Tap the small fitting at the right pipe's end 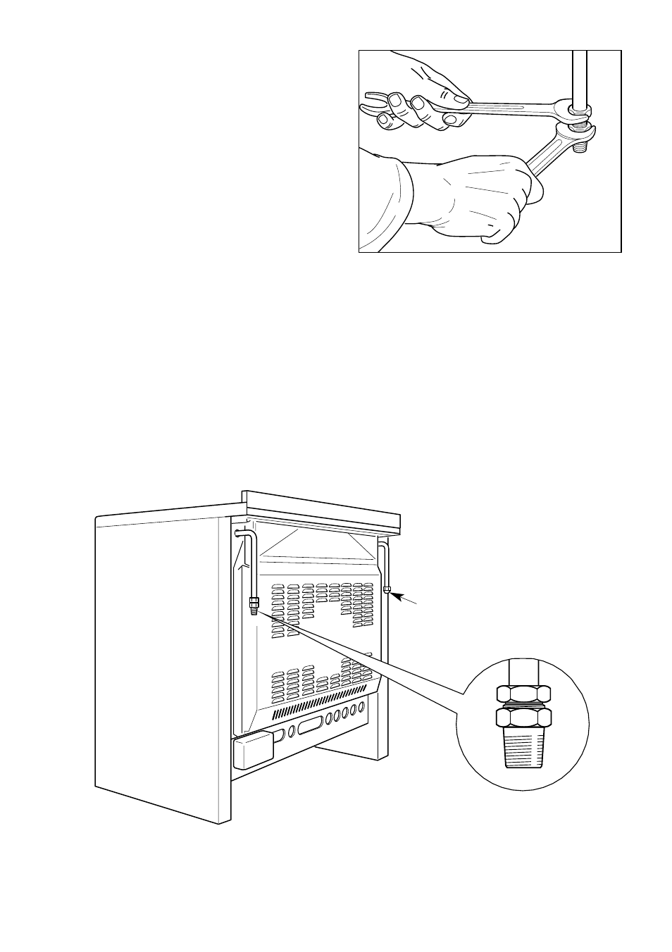click(x=387, y=589)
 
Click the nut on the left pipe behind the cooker click(x=254, y=602)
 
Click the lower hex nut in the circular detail click(x=523, y=718)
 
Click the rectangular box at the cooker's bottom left click(x=251, y=750)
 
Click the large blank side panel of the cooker click(x=162, y=662)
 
